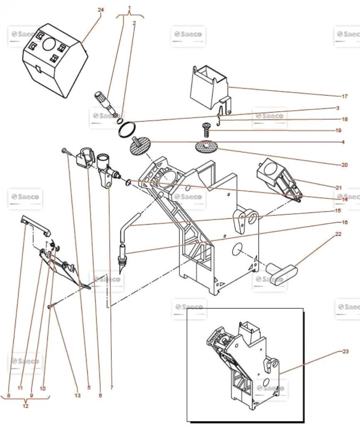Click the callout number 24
(x=100, y=10)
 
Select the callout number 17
(x=344, y=97)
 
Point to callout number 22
(x=338, y=234)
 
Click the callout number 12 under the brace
(x=25, y=406)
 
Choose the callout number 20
(x=344, y=165)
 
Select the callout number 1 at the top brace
(x=130, y=7)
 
